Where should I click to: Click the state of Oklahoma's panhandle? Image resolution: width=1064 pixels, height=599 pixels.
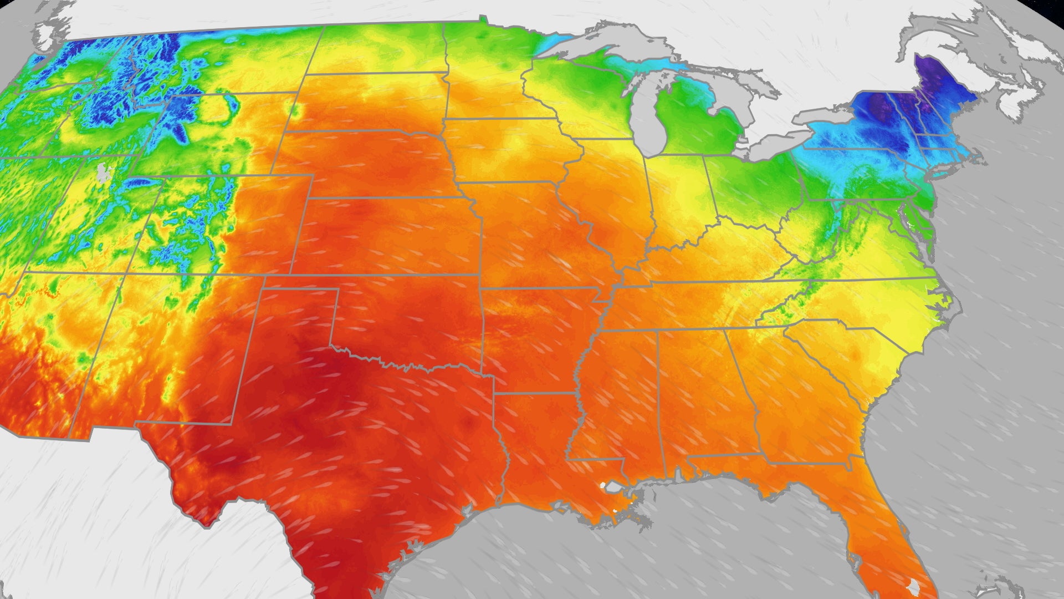[x=299, y=302]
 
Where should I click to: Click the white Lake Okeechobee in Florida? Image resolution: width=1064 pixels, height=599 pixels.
[x=914, y=585]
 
